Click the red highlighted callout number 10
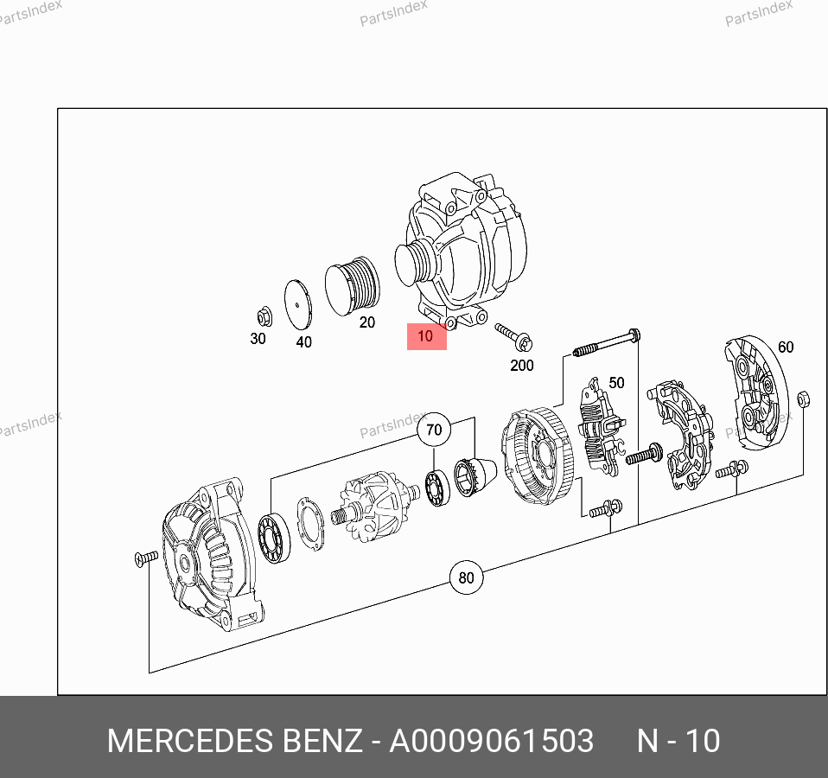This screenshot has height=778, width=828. [425, 336]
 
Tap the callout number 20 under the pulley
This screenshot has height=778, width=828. [367, 322]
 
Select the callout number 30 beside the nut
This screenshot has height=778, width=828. [258, 339]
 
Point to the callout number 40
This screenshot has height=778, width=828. [303, 342]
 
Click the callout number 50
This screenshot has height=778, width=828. [617, 382]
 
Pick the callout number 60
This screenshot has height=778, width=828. [786, 347]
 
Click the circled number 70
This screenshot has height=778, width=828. [434, 430]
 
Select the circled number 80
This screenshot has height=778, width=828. [466, 577]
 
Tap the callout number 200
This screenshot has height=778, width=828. [522, 366]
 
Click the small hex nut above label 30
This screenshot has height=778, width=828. [264, 317]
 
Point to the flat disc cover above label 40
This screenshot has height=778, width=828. [298, 305]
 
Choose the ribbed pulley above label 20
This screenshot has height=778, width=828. [352, 286]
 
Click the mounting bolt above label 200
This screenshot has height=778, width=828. [513, 337]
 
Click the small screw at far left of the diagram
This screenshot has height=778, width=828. [146, 558]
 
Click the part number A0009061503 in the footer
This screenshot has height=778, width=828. [491, 741]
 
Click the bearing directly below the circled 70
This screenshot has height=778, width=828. [437, 487]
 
